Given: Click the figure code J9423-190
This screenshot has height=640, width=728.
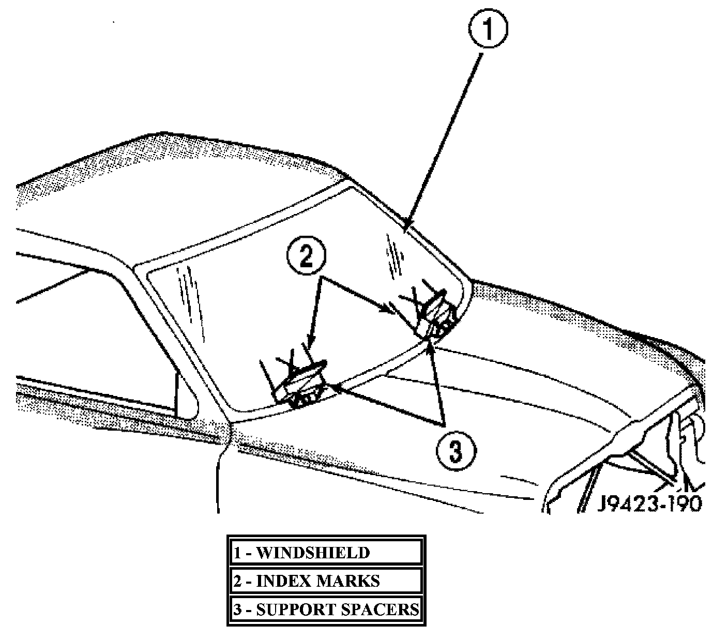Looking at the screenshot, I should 649,502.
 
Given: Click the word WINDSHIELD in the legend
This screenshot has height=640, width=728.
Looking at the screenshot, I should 313,553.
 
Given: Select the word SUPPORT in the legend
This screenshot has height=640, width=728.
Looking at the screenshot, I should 295,609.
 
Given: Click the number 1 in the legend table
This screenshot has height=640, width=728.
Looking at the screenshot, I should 237,553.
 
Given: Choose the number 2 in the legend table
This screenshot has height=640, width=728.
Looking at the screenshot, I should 237,582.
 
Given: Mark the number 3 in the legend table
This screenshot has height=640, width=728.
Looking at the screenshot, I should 237,610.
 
